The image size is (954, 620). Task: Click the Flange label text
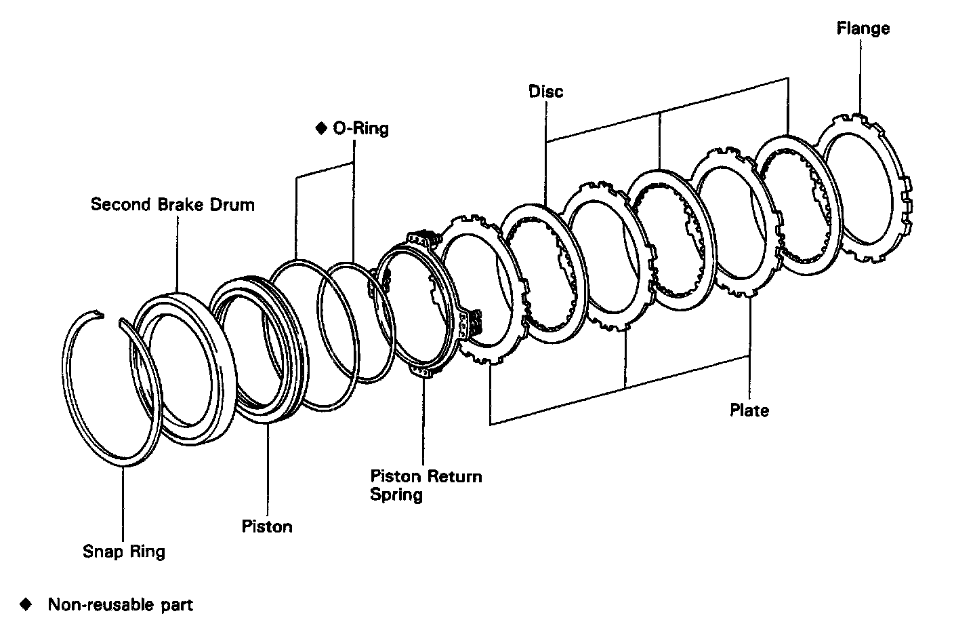(x=863, y=29)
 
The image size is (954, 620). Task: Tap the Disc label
(x=546, y=92)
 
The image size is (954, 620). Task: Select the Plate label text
(x=749, y=410)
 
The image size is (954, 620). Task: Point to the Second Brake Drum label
(x=173, y=204)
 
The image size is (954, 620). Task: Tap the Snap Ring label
(x=124, y=551)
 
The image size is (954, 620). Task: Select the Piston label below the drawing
(x=267, y=526)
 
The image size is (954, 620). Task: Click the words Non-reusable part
(x=121, y=604)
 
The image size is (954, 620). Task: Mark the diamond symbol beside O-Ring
(x=321, y=128)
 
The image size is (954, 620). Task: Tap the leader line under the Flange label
(x=860, y=75)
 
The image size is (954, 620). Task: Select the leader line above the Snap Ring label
(x=123, y=502)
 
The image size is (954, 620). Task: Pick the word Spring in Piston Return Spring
(x=396, y=495)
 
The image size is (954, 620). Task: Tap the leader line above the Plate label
(x=749, y=353)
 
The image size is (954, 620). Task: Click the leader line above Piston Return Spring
(x=423, y=421)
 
